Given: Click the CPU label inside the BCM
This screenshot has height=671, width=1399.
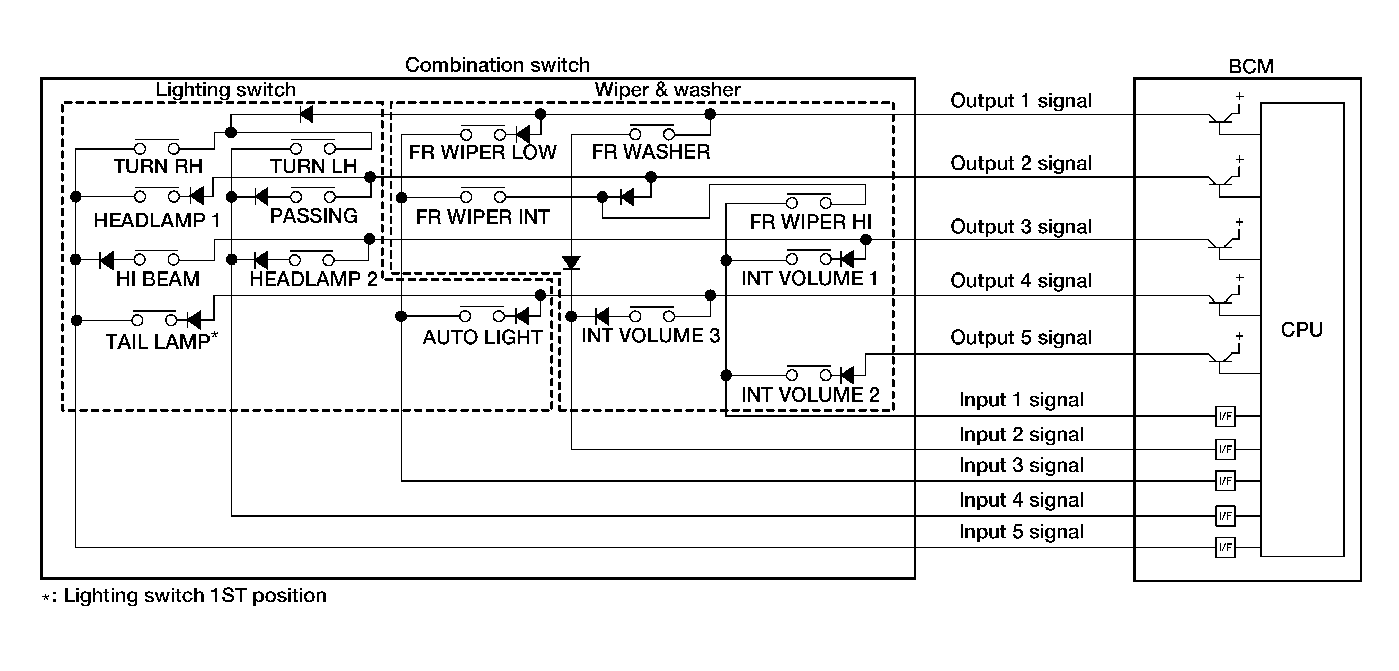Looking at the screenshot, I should point(1301,330).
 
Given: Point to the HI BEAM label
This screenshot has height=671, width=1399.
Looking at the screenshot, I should point(158,279).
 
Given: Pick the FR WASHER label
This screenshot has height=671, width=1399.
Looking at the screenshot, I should point(651,152).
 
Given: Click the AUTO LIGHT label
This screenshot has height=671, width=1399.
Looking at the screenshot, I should point(482,338).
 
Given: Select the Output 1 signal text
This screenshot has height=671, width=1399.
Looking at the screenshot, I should point(1021,101).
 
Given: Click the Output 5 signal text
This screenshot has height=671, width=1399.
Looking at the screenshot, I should point(1021,338).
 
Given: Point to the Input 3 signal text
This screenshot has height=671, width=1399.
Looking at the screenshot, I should point(1021,465).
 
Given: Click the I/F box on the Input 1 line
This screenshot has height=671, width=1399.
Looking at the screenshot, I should point(1225,417).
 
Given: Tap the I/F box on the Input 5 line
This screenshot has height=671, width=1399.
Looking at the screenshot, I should point(1225,547).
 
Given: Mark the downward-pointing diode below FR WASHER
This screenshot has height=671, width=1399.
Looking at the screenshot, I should point(571,263).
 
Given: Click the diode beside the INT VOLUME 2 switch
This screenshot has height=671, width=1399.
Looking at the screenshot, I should point(847,375).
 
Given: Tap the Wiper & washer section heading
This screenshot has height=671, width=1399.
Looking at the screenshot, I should point(667,90).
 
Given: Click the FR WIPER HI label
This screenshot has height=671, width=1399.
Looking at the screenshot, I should point(810,222).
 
